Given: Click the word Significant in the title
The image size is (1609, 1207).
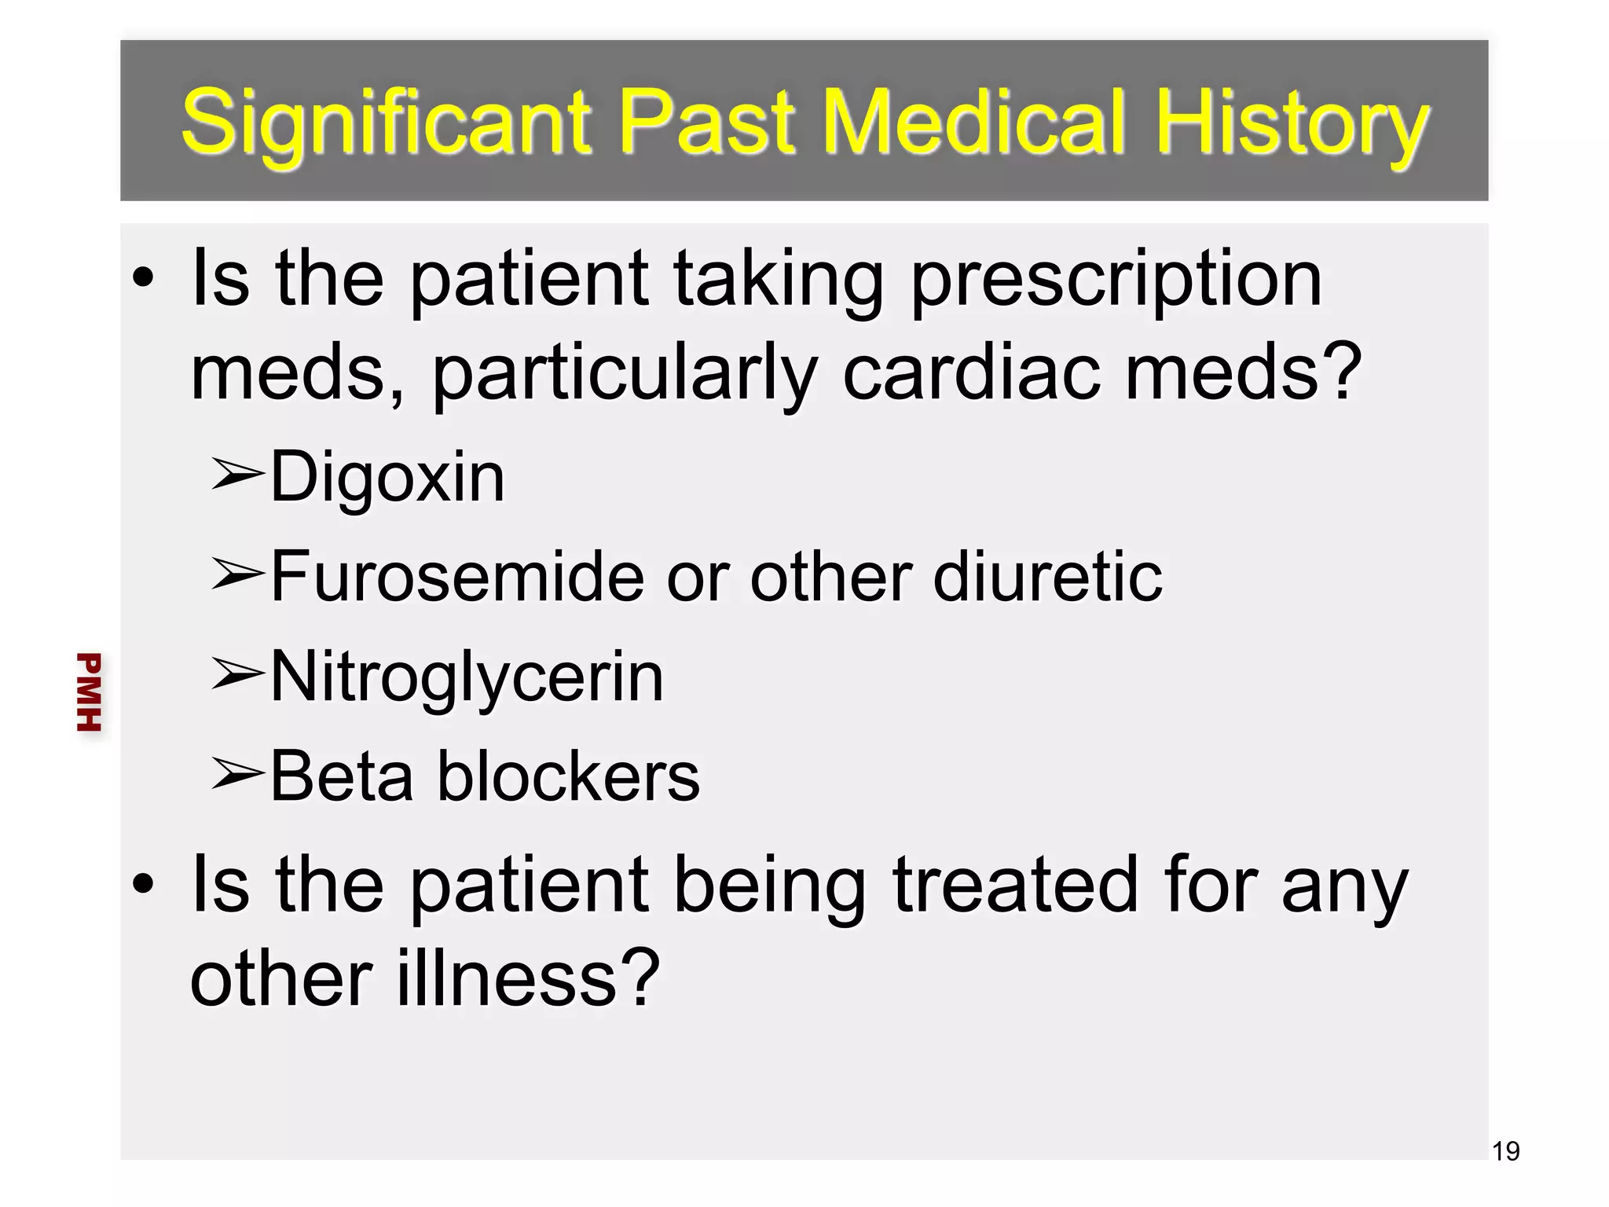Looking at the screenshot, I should (385, 122).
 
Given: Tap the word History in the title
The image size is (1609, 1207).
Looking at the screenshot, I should (1292, 122).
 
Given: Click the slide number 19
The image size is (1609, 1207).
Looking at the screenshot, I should (1505, 1151).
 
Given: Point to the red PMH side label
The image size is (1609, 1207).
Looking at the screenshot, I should (90, 692).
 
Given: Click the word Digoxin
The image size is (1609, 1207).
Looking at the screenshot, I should (387, 477).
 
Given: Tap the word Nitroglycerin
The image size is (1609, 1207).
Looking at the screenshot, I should (467, 677).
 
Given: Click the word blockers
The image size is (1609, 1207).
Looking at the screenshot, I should (568, 776).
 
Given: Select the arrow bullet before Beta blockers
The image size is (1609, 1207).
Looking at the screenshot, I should (237, 774).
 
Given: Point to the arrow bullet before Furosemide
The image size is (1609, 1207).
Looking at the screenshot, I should (237, 574).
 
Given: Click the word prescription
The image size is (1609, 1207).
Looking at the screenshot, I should (1116, 279).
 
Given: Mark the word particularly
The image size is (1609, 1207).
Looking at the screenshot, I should (625, 372).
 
